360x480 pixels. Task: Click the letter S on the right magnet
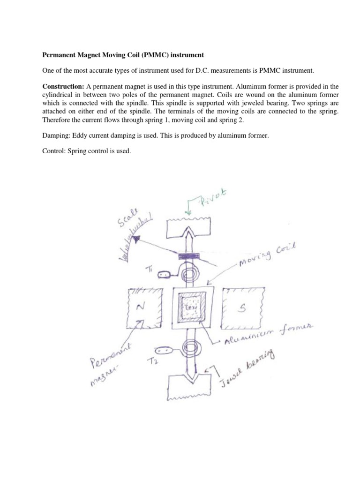[x=244, y=307]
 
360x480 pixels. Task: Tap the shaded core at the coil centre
[x=190, y=307]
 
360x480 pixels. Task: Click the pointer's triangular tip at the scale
[x=137, y=240]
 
